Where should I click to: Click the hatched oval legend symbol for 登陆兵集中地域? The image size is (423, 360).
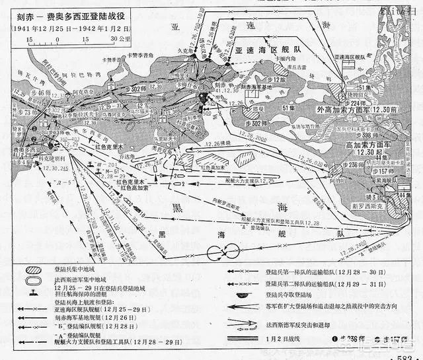(32, 270)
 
